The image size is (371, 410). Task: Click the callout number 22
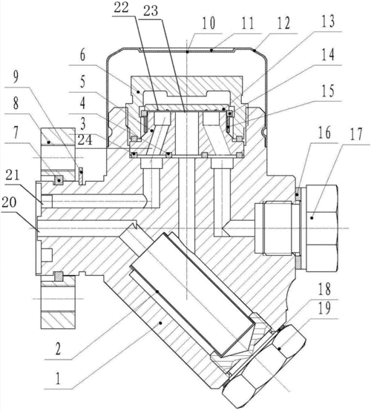(x=121, y=7)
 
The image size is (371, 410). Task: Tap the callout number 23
(x=151, y=11)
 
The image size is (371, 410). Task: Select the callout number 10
(x=209, y=23)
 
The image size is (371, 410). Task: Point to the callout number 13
(x=327, y=21)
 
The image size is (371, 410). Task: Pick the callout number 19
(x=324, y=308)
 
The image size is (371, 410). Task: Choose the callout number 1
(x=58, y=378)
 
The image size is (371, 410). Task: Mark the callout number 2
(x=58, y=348)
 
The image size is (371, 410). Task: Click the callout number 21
(x=13, y=174)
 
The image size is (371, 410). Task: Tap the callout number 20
(x=9, y=202)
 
